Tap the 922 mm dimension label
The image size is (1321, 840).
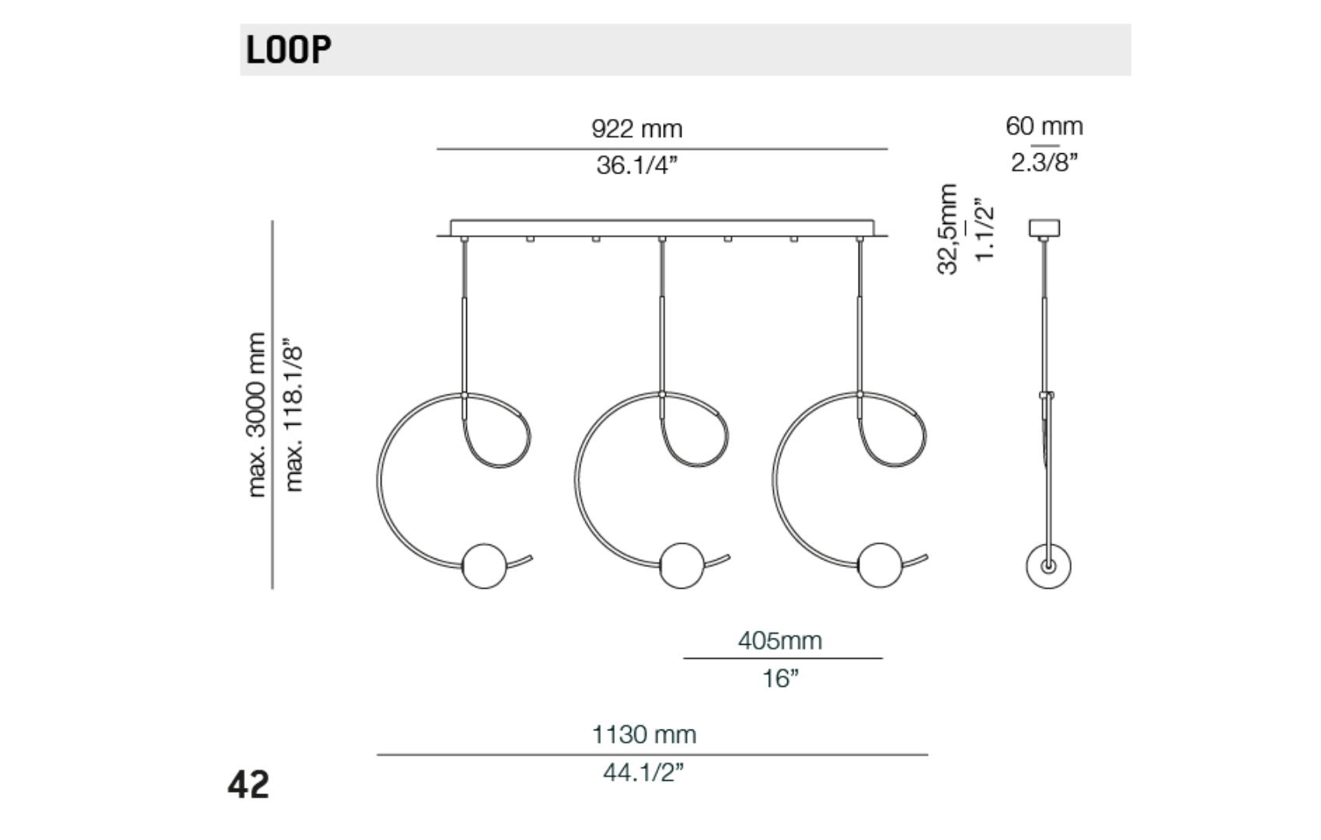click(637, 128)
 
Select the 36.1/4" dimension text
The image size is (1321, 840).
click(637, 166)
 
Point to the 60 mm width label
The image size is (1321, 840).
click(1044, 126)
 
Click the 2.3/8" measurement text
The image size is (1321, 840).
click(1044, 163)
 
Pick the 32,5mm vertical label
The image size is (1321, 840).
click(947, 229)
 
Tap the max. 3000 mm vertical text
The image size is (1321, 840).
click(256, 415)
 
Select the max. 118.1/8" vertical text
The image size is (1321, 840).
click(293, 415)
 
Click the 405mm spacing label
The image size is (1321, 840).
click(779, 640)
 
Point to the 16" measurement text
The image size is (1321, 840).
click(780, 678)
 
